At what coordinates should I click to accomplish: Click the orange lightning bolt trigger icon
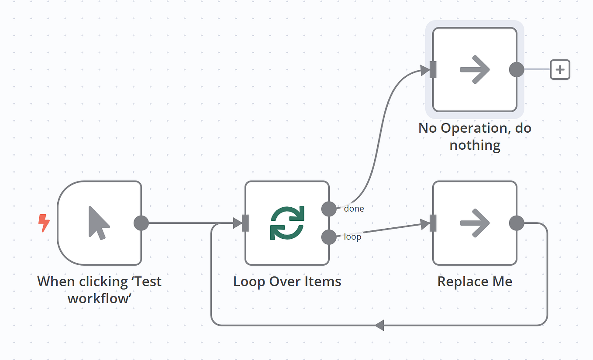44,223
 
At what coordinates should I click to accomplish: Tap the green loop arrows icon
287,223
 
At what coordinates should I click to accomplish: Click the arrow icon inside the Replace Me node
475,223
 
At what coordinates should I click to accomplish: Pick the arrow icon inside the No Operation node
475,69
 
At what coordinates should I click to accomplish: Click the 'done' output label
354,209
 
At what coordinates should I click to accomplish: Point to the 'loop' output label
352,237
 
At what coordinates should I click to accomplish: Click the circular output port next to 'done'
329,209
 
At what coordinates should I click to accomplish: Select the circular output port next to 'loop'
329,237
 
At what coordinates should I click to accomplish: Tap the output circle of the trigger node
141,223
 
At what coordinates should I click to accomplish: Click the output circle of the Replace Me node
517,223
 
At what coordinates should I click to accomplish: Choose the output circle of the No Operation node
517,69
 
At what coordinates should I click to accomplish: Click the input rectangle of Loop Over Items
245,223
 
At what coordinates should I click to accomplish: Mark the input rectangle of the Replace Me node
433,223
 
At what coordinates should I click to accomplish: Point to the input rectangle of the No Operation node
433,69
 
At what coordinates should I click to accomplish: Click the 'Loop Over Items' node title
287,281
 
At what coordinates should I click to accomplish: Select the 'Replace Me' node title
475,281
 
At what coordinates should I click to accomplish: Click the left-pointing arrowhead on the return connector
379,325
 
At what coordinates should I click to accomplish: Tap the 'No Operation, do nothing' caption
475,136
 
